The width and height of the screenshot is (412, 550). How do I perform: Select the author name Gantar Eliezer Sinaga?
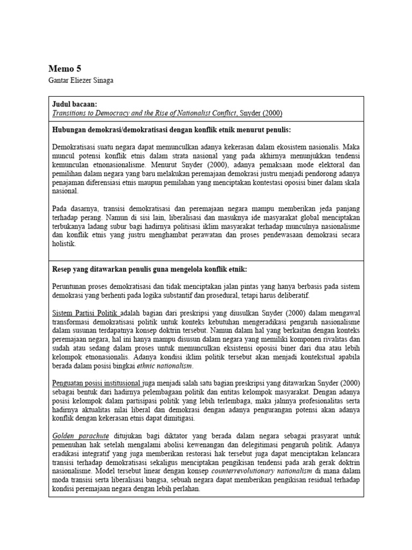tap(82, 81)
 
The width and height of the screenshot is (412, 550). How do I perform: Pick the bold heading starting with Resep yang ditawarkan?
tap(150, 269)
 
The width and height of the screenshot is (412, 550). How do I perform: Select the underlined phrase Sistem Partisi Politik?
tap(85, 312)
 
